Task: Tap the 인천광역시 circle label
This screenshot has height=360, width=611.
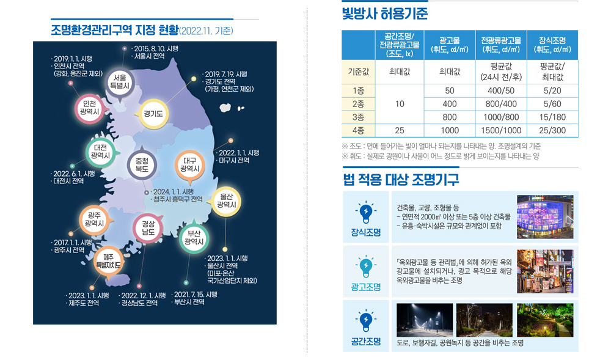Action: (90, 108)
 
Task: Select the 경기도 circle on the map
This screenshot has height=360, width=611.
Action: (153, 114)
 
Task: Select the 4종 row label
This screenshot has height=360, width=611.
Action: (358, 130)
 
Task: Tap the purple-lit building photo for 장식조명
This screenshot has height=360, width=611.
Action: (545, 216)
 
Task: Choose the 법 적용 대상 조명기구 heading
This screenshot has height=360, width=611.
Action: (401, 180)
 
